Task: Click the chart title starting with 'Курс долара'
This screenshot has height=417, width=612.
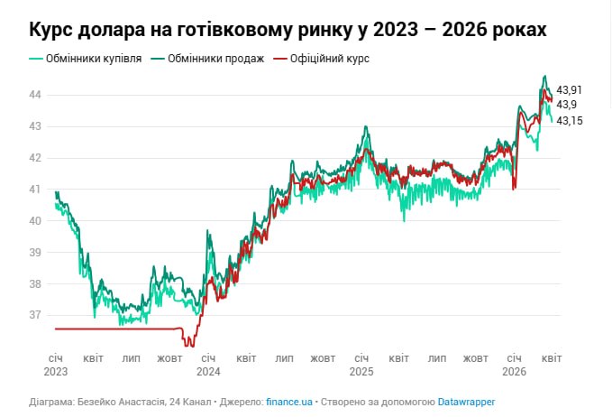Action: (x=288, y=30)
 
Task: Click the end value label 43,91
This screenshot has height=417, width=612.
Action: (x=570, y=89)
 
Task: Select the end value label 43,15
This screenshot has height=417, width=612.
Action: (x=570, y=120)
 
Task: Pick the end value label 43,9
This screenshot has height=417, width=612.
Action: (x=567, y=105)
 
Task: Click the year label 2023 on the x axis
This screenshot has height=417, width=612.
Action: (x=55, y=371)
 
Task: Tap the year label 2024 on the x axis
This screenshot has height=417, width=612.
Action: (x=208, y=371)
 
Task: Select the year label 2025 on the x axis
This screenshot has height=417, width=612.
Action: (x=361, y=371)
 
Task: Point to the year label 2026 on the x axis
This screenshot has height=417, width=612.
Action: (x=514, y=371)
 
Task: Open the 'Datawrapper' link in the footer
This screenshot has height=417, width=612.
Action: (x=467, y=402)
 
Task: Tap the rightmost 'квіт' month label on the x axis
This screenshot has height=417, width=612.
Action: (x=552, y=358)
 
